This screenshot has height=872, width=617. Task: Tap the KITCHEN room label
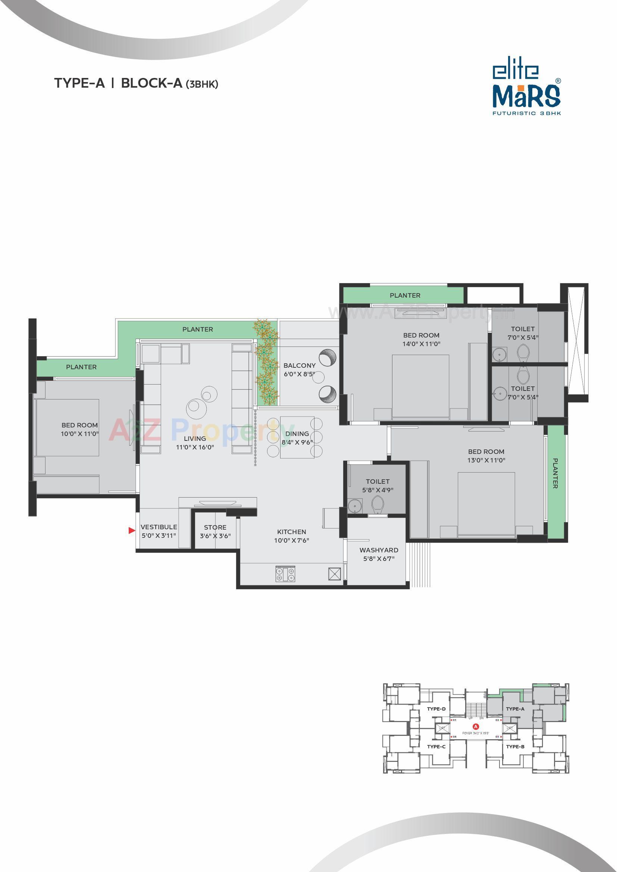[x=291, y=532]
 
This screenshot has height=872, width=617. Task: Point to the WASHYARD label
[x=379, y=550]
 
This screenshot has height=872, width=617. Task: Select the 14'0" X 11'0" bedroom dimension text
[x=421, y=344]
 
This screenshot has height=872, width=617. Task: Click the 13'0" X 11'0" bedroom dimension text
[x=486, y=460]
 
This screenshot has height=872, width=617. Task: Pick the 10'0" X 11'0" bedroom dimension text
[x=80, y=433]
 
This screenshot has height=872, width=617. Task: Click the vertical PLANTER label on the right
[x=555, y=473]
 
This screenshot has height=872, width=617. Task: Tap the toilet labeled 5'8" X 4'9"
[x=378, y=486]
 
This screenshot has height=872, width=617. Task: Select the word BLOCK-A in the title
[x=151, y=83]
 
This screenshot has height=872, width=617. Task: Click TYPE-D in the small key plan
[x=436, y=709]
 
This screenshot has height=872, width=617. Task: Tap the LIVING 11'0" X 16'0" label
[x=194, y=443]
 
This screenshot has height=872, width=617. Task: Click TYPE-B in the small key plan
[x=515, y=747]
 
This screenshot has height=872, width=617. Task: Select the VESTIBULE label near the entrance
[x=159, y=527]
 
